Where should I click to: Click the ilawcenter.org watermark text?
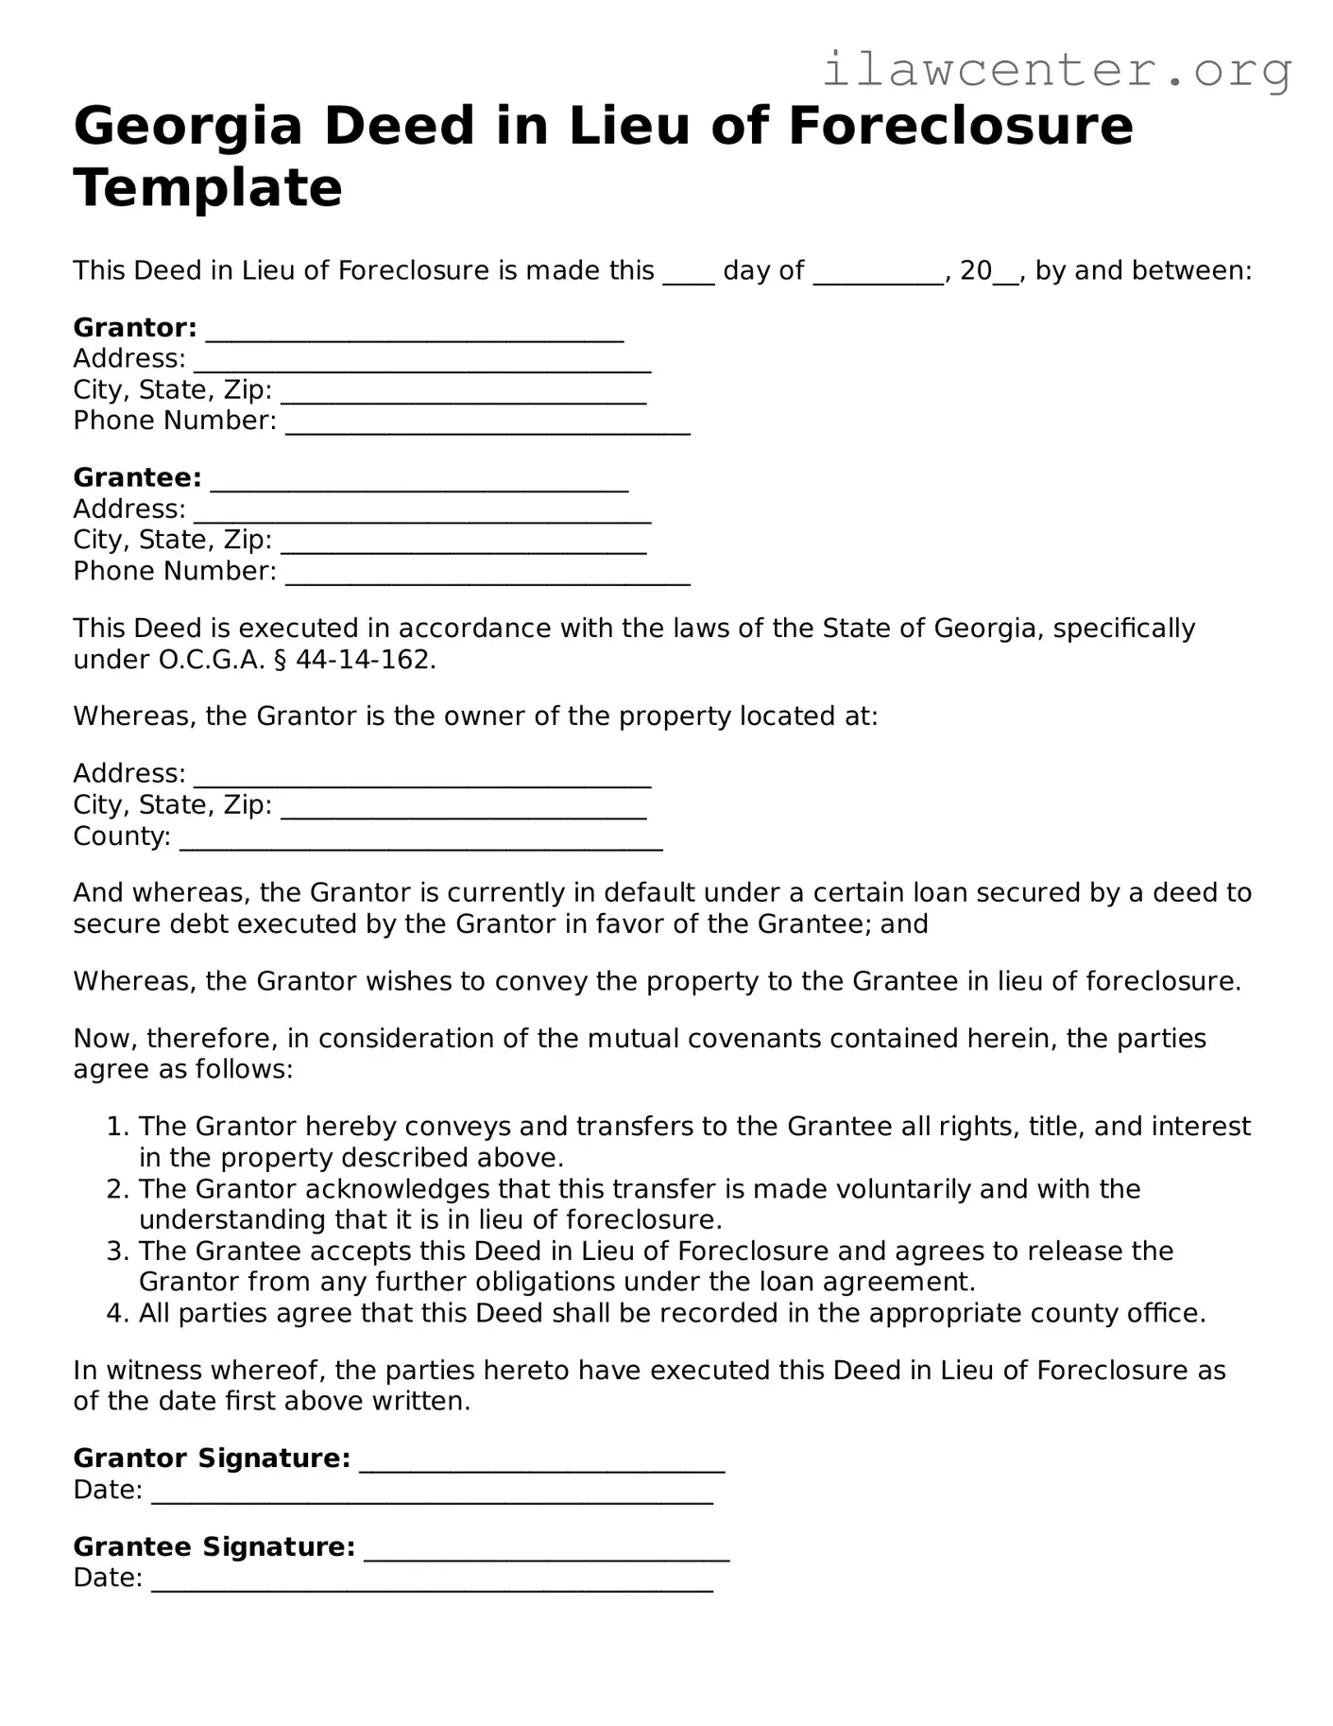click(1056, 71)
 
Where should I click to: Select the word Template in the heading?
click(208, 188)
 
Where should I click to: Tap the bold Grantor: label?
click(135, 328)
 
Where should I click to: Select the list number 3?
click(116, 1251)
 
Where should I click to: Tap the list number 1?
click(116, 1127)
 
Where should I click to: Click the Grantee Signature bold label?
click(214, 1546)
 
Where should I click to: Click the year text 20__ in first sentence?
click(988, 272)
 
